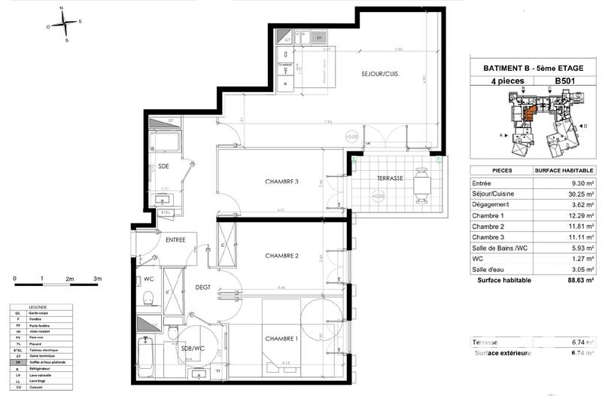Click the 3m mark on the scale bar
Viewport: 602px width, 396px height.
pos(97,279)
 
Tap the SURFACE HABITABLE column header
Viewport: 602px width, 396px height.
pos(566,170)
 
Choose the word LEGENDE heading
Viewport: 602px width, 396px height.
pos(36,308)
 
